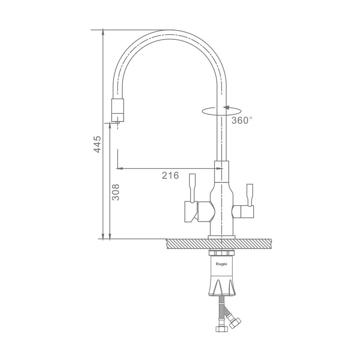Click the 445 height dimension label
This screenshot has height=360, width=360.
97,144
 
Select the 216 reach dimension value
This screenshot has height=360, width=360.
170,175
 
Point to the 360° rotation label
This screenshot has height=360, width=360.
242,120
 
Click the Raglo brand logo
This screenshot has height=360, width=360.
221,264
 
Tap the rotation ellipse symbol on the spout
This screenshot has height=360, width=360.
221,111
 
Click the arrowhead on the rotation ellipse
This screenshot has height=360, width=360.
226,107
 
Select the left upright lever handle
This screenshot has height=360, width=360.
192,188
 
